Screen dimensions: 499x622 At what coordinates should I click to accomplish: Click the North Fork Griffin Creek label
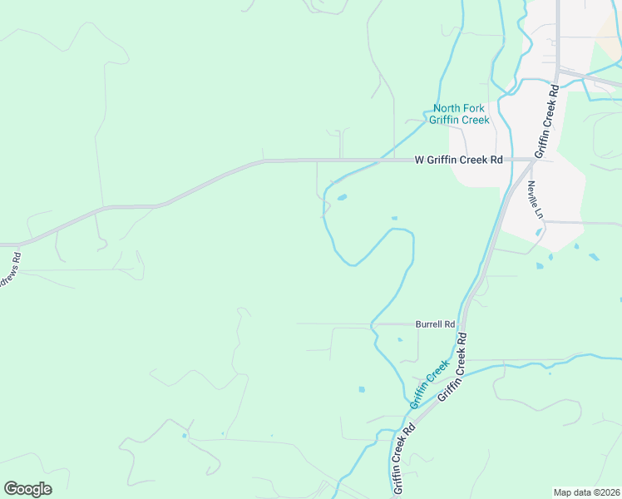(459, 114)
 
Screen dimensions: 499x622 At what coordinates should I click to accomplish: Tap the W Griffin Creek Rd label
(459, 160)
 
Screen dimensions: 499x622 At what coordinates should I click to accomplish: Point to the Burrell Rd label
(436, 324)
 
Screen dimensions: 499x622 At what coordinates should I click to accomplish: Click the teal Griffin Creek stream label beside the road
(430, 383)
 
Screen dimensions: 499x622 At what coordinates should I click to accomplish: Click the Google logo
(27, 489)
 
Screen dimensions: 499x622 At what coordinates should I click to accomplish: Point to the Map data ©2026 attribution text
(585, 492)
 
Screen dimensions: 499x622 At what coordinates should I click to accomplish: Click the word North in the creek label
(447, 108)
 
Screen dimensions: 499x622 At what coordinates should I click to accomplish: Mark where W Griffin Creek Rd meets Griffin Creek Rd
(532, 160)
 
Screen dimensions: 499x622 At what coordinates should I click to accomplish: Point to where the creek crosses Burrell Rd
(373, 324)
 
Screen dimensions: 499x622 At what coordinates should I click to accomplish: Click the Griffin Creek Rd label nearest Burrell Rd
(454, 365)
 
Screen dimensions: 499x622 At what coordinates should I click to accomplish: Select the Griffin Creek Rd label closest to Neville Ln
(545, 120)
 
